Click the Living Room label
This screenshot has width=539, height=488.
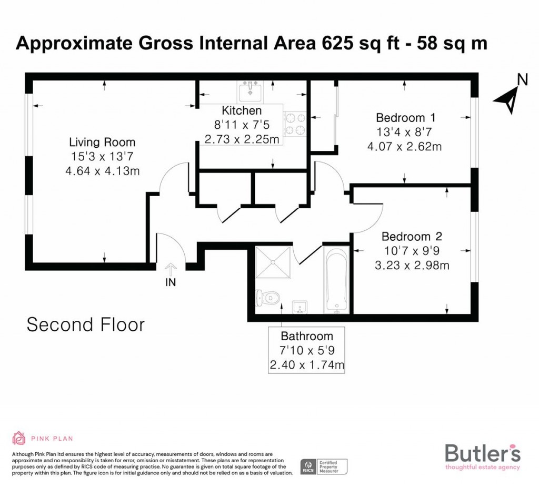pyautogui.click(x=102, y=142)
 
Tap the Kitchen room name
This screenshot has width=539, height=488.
pyautogui.click(x=242, y=110)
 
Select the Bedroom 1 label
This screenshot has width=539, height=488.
pyautogui.click(x=405, y=117)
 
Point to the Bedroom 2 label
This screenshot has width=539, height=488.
pyautogui.click(x=412, y=236)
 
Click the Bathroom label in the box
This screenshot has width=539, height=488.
pyautogui.click(x=306, y=337)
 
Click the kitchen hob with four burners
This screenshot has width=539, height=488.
pyautogui.click(x=295, y=125)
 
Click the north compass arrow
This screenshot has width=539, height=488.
pyautogui.click(x=507, y=98)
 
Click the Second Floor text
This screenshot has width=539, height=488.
pyautogui.click(x=85, y=324)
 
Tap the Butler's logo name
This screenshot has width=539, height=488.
pyautogui.click(x=483, y=452)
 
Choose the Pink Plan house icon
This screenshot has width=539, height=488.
pyautogui.click(x=18, y=438)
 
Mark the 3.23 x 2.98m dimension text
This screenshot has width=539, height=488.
pyautogui.click(x=412, y=265)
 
